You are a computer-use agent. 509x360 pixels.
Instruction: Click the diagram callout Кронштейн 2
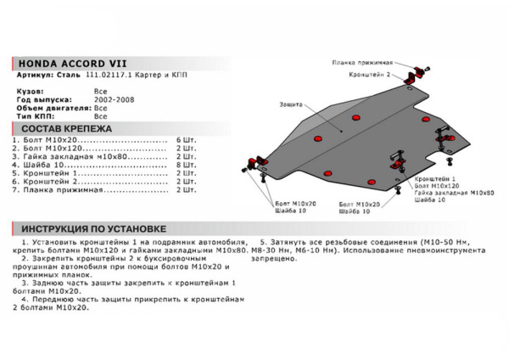tap(371, 74)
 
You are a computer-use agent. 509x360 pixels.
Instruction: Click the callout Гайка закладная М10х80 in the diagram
tap(455, 192)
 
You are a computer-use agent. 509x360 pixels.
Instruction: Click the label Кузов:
tap(31, 87)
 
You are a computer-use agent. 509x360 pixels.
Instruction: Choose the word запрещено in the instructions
tap(280, 261)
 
